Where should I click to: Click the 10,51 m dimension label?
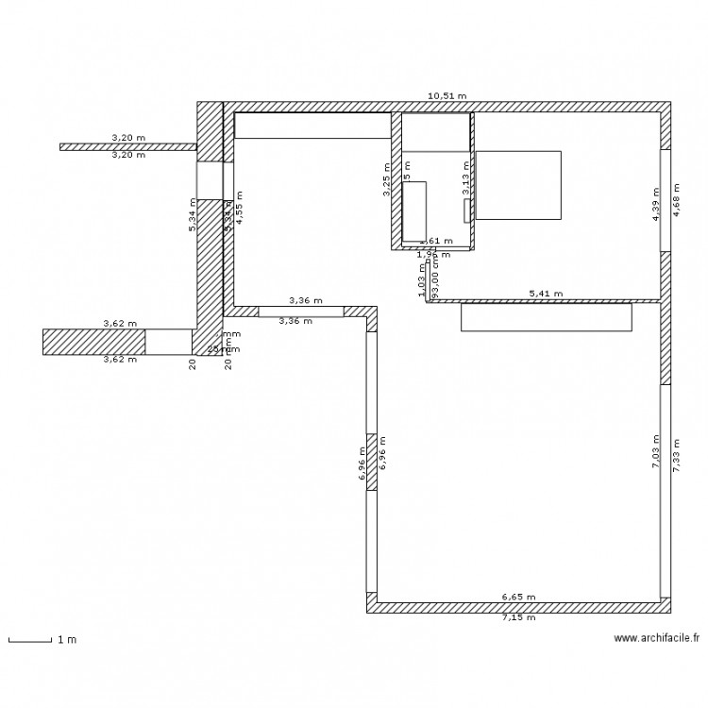pos(447,96)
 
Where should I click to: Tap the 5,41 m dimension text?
pos(546,294)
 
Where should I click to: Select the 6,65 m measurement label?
pos(518,597)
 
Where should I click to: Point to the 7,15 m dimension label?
pos(518,618)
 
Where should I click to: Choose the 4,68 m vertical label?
pos(676,201)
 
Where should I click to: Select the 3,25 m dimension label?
pos(386,181)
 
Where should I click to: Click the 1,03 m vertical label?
pos(421,280)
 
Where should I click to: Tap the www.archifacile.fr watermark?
pos(656,638)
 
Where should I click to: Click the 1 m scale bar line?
pos(29,641)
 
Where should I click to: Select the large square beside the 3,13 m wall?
pos(518,184)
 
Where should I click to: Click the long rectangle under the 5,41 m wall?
pos(546,317)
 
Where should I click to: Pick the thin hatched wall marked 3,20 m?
pos(127,147)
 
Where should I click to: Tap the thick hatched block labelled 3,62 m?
pos(93,342)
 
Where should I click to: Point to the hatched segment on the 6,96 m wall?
pos(372,463)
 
